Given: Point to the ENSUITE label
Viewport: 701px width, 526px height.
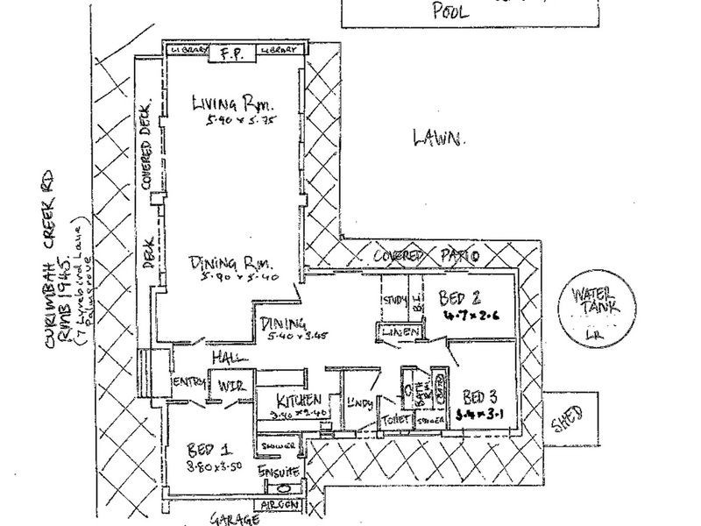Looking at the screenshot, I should (279, 473).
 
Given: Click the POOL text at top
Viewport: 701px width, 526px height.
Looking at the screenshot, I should (451, 11).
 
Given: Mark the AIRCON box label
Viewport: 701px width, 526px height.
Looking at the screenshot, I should (280, 507).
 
